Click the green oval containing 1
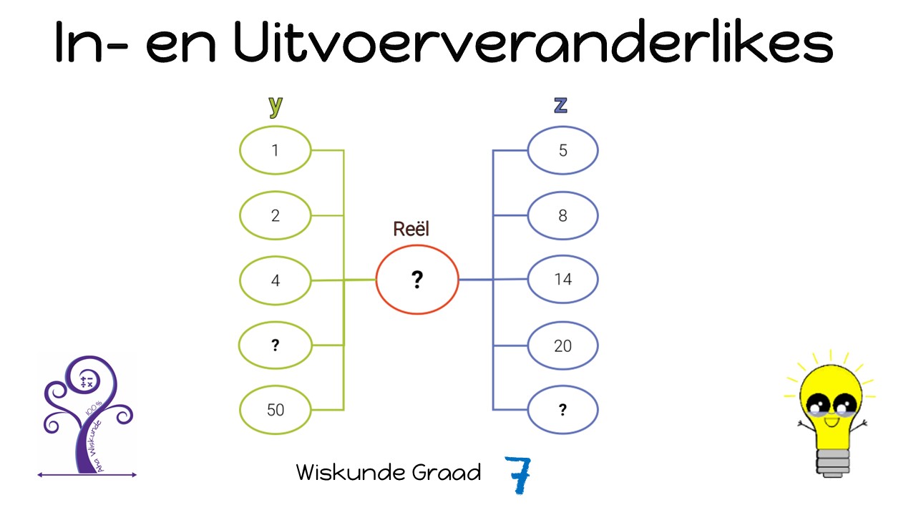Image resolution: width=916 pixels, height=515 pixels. (276, 150)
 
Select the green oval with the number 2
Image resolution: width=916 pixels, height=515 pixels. (276, 215)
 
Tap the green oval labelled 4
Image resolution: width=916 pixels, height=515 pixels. (276, 280)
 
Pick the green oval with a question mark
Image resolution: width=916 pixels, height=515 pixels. (276, 345)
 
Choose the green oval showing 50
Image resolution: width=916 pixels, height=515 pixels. (276, 410)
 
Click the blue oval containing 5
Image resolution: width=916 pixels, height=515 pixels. (562, 150)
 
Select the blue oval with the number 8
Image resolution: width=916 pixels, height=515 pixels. (562, 215)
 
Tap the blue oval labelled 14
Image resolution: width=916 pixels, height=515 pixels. (562, 280)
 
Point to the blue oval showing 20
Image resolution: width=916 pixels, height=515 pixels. (562, 345)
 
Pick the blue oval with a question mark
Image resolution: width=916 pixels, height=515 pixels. (562, 410)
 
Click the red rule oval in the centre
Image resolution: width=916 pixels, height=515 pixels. (417, 280)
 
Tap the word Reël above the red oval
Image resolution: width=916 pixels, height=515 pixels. (411, 229)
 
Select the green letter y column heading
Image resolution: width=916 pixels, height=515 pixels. (276, 105)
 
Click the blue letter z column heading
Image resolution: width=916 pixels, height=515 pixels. (560, 105)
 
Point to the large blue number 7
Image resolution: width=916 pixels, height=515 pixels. (518, 475)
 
